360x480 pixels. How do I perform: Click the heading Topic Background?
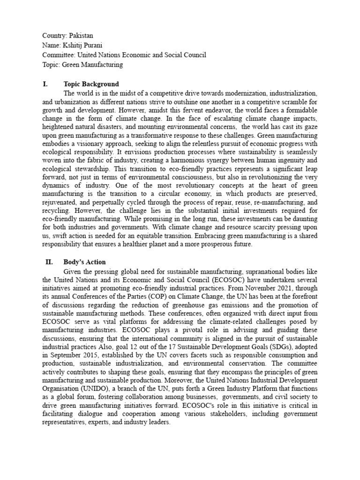91,84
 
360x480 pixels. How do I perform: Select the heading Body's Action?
84,262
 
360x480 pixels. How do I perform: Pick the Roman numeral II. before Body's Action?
50,262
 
